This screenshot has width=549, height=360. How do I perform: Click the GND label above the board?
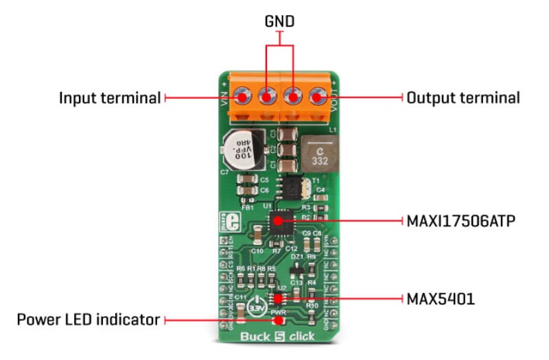pos(279,21)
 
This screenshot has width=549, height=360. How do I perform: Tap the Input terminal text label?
pos(110,97)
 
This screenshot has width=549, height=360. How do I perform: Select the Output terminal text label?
pos(463,97)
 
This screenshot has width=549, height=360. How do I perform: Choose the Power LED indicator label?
pos(88,320)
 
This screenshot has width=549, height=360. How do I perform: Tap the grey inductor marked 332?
pos(319,155)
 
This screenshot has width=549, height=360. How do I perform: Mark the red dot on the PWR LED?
pos(278,320)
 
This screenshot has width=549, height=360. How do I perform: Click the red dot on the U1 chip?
pos(278,221)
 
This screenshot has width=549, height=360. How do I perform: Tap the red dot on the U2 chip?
pos(278,298)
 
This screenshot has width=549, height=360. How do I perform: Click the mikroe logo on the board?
pos(224,222)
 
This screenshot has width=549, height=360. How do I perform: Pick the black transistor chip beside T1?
pos(293,186)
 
